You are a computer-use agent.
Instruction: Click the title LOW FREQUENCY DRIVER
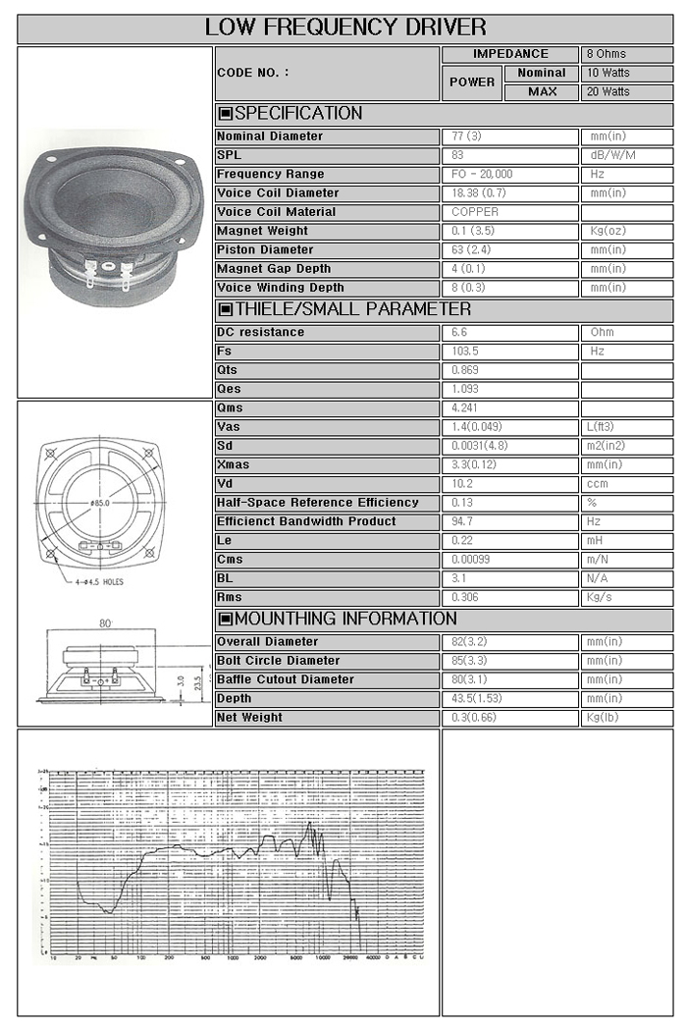click(345, 27)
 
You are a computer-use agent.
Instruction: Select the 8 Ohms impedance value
click(606, 54)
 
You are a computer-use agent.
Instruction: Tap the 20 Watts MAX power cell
click(608, 91)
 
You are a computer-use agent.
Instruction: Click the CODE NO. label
click(253, 73)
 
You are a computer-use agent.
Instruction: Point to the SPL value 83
click(458, 155)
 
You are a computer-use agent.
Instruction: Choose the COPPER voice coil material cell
click(475, 212)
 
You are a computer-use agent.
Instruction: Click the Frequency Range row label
click(270, 175)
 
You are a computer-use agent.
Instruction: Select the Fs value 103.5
click(464, 352)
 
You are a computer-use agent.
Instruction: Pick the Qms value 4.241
click(466, 408)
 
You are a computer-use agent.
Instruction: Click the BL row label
click(225, 579)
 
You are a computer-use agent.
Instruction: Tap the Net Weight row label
click(249, 718)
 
